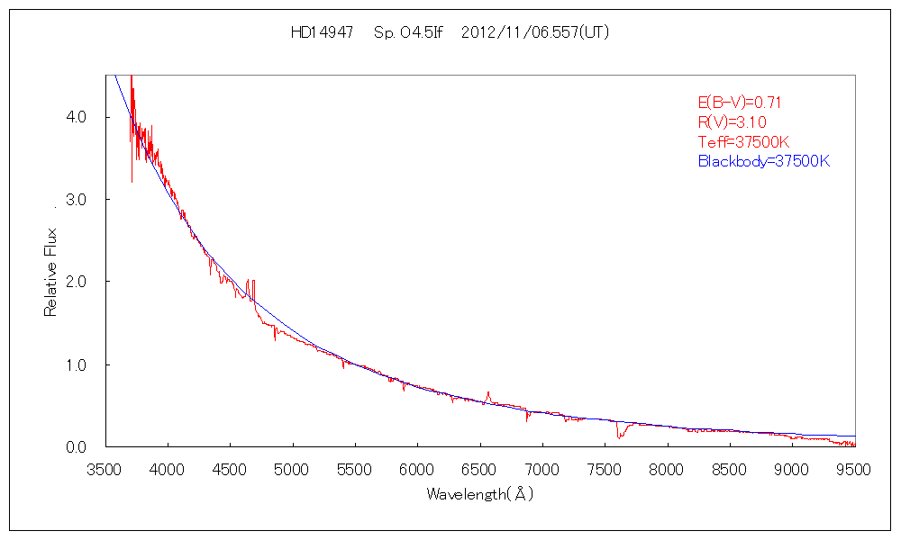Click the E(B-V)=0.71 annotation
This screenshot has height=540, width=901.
(733, 103)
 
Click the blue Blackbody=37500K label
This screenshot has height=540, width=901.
(763, 162)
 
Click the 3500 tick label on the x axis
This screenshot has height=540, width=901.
(105, 469)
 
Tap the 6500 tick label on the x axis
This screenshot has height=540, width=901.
(480, 469)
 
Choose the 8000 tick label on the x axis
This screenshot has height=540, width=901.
(668, 469)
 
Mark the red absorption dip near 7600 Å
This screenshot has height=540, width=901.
(619, 434)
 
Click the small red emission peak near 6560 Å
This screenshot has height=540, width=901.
(487, 394)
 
